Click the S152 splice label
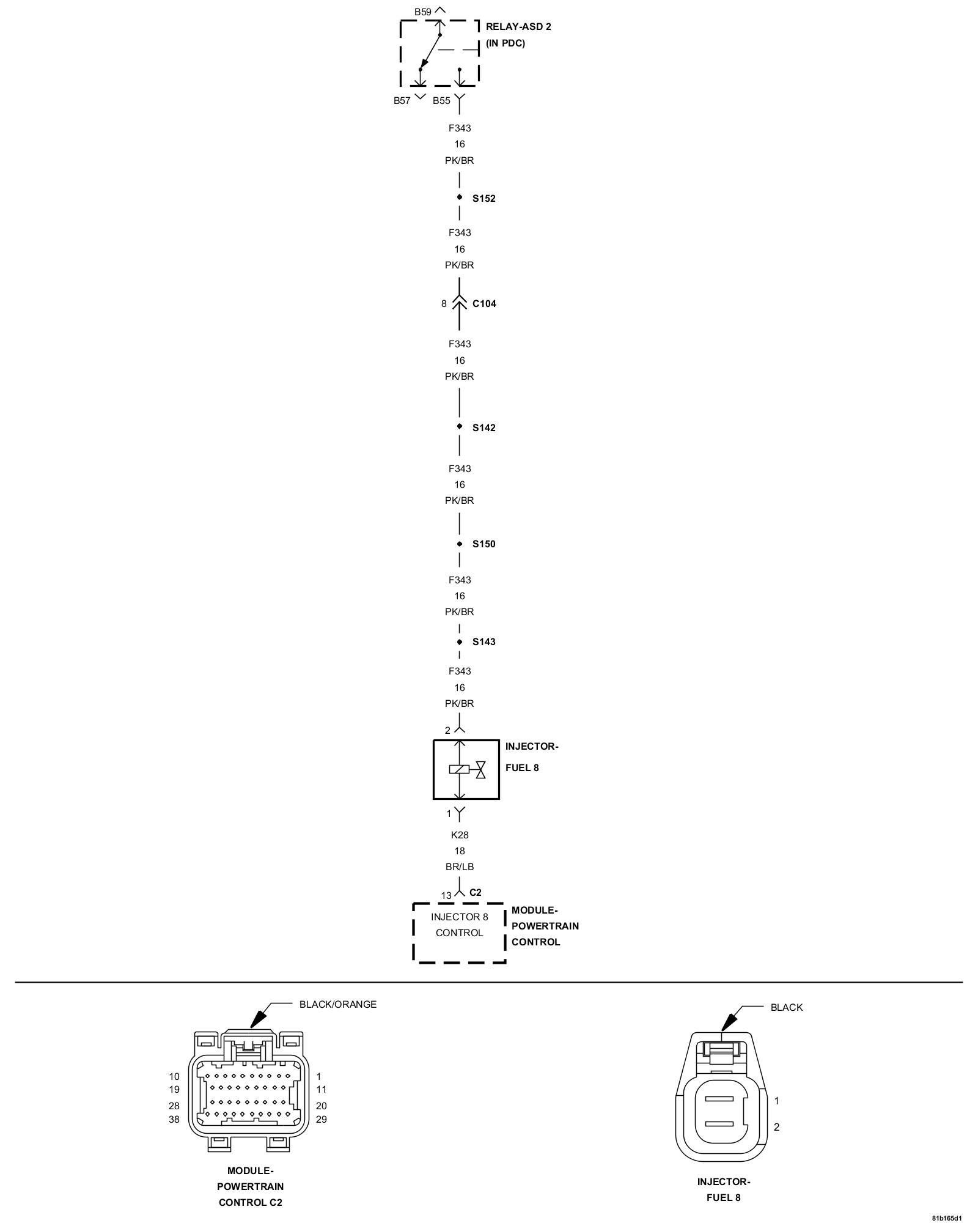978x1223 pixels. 483,199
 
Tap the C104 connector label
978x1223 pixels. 484,304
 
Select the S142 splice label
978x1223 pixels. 483,427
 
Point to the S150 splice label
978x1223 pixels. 483,544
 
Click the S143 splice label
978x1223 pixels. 483,642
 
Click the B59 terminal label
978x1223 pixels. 422,12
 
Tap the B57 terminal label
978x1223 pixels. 402,101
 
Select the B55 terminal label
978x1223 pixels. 441,101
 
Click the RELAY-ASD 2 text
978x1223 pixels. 518,27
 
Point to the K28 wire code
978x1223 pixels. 460,835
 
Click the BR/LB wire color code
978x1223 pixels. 460,866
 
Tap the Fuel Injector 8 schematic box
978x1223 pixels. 466,769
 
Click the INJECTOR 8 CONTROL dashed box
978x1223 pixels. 459,933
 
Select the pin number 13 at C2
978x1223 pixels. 446,896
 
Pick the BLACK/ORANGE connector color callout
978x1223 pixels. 337,1004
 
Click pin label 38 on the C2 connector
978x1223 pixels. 174,1119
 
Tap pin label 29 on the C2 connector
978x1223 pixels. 322,1119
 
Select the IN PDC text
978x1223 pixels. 505,43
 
